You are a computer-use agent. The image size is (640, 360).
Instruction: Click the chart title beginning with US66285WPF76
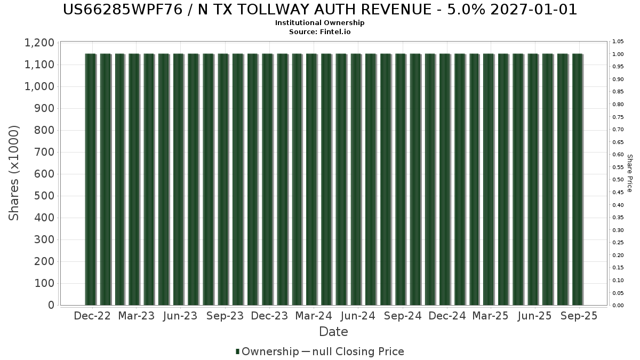tap(320, 10)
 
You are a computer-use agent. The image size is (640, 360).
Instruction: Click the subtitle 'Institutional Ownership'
tap(320, 23)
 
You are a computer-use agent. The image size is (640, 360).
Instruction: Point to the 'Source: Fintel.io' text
tap(320, 31)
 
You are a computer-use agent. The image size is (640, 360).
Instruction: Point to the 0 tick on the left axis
tap(52, 305)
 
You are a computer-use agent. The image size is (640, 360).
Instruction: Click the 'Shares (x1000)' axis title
tap(14, 173)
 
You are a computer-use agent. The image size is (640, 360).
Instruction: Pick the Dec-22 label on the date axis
tap(92, 316)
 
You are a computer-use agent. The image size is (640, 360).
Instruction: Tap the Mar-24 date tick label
tap(314, 316)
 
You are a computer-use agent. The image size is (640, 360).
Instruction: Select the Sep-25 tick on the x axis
tap(579, 316)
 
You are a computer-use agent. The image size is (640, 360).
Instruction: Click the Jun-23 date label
tap(181, 316)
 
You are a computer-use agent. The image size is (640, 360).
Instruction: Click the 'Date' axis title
tap(333, 332)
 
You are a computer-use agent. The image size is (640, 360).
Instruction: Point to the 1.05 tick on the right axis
tap(618, 42)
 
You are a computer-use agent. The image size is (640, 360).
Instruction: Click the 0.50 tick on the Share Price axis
tap(618, 180)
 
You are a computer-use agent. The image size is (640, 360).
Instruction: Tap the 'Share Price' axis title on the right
tap(629, 173)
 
